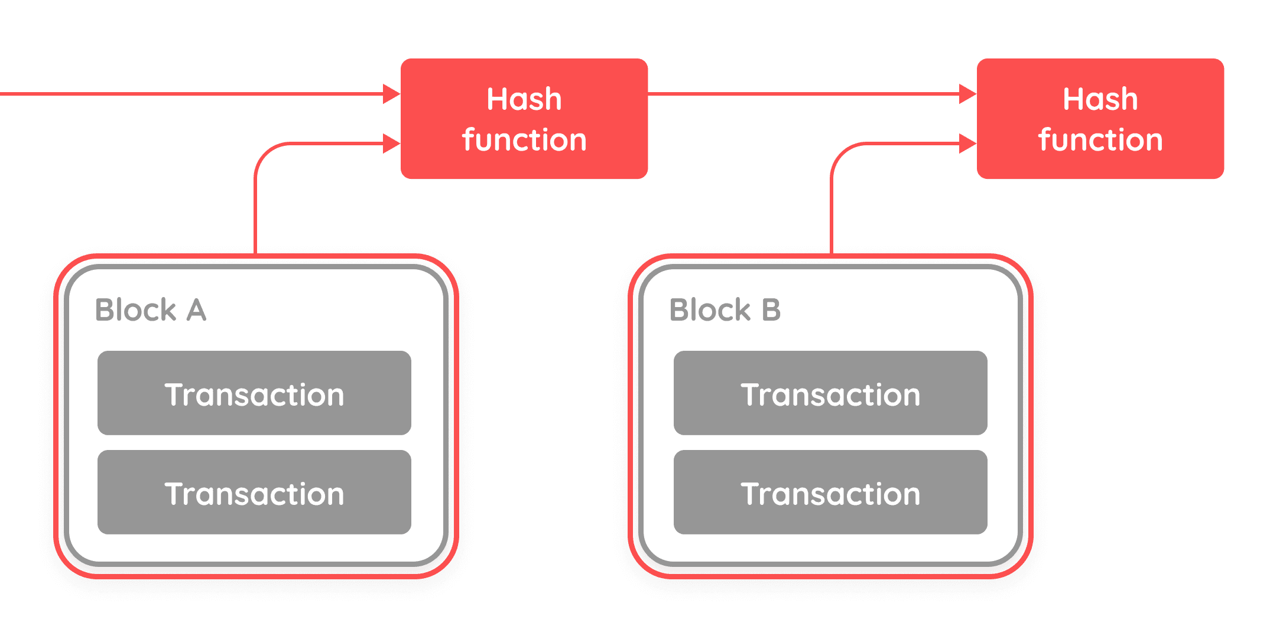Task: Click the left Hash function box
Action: tap(524, 118)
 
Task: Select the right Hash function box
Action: tap(1100, 118)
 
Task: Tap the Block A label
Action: tap(151, 310)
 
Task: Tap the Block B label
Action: tap(725, 310)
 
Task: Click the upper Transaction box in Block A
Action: tap(254, 393)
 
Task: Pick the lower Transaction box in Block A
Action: tap(254, 493)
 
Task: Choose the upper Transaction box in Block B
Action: tap(830, 393)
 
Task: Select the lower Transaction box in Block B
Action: tap(830, 493)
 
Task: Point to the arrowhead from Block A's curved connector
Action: tap(391, 143)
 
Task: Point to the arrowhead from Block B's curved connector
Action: tap(967, 143)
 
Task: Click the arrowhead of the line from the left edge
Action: tap(391, 94)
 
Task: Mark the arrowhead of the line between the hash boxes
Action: tap(967, 94)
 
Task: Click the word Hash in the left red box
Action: tap(524, 99)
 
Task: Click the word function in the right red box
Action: tap(1100, 141)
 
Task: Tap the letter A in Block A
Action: tap(196, 310)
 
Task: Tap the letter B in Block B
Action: tap(771, 310)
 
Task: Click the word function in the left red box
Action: tap(524, 141)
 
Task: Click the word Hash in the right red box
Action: tap(1100, 99)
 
